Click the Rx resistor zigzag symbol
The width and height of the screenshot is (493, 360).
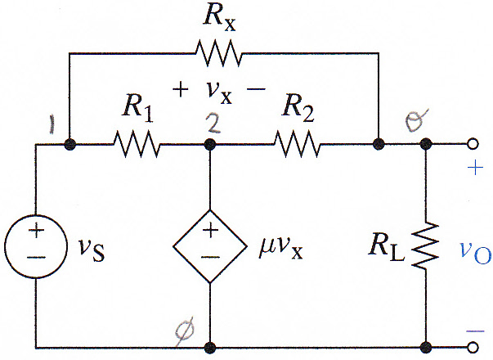pos(219,53)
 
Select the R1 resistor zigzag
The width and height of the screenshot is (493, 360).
pos(137,144)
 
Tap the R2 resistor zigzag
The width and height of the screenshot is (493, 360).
pos(297,144)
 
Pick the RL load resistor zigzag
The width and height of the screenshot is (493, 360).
pos(426,245)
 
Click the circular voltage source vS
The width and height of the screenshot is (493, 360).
pos(36,246)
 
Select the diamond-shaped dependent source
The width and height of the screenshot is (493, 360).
pos(210,246)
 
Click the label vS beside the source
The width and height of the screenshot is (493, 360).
pos(92,250)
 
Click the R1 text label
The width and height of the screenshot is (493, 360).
pos(137,110)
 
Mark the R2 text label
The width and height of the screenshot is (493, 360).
pos(298,110)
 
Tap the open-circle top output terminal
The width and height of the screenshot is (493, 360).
pos(473,144)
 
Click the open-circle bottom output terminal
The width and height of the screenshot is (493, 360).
pos(473,348)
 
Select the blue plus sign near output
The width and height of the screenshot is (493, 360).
pos(475,168)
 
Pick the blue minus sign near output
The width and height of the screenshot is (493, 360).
pos(475,331)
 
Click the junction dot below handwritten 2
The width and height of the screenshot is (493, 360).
pos(210,145)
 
